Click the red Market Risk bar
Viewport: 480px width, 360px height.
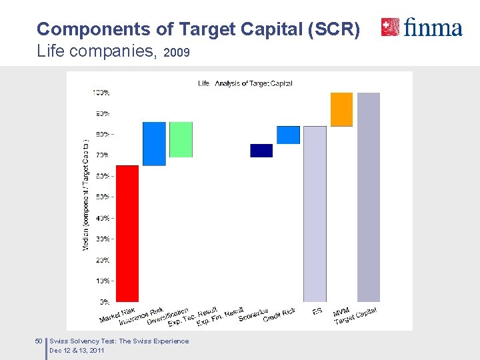tap(127, 233)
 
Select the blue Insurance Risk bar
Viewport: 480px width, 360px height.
tap(154, 143)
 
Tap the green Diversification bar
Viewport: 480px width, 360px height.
tap(181, 139)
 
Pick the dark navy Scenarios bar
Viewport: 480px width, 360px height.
tap(261, 151)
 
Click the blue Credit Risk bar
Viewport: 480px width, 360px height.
tap(288, 135)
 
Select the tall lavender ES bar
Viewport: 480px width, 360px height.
tap(315, 213)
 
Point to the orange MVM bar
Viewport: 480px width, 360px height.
tap(341, 109)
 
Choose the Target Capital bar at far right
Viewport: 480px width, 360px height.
tap(369, 197)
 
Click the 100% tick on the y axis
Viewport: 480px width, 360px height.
tap(101, 92)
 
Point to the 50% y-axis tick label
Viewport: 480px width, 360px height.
tap(102, 197)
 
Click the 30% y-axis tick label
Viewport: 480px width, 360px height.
tap(102, 239)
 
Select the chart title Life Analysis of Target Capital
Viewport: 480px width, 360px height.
tap(245, 83)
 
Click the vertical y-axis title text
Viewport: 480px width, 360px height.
tap(85, 195)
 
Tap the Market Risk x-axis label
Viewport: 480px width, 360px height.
tap(118, 315)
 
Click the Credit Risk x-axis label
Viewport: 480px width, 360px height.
tap(279, 315)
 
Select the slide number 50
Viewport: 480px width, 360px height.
tap(38, 341)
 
